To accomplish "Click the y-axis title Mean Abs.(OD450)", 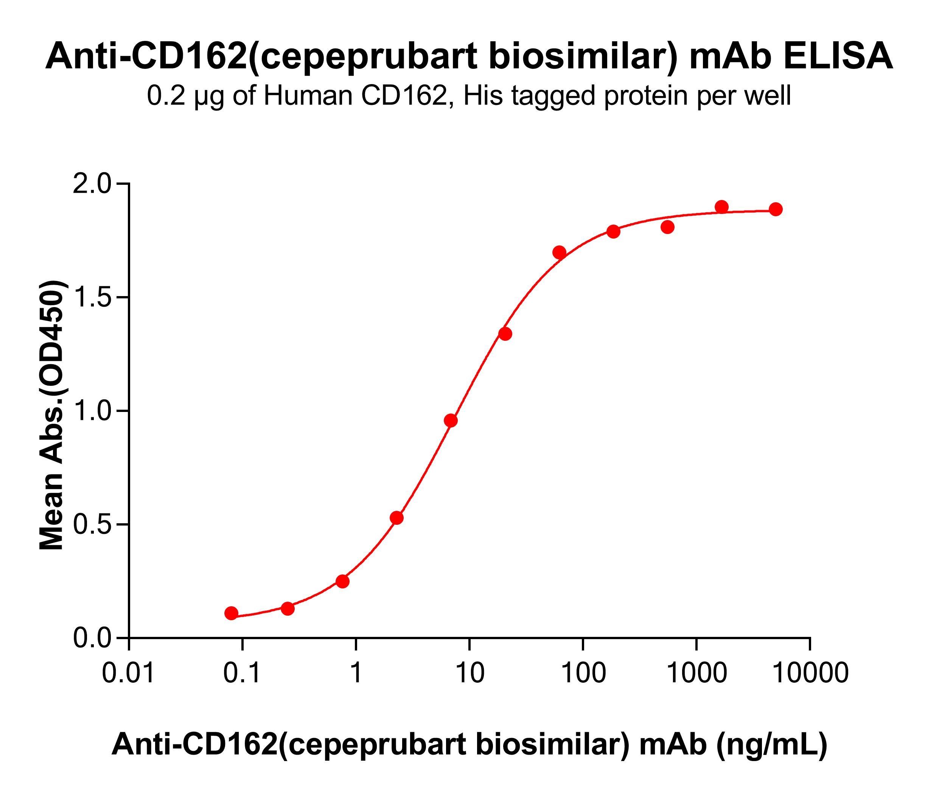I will (x=52, y=415).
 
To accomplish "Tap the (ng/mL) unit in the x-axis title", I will (x=772, y=745).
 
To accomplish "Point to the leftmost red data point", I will (x=231, y=613).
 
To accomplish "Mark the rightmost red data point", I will (x=776, y=209).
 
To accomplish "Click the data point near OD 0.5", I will (x=396, y=518).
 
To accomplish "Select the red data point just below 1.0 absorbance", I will (x=451, y=420).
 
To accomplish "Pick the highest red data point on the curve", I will (x=721, y=207).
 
